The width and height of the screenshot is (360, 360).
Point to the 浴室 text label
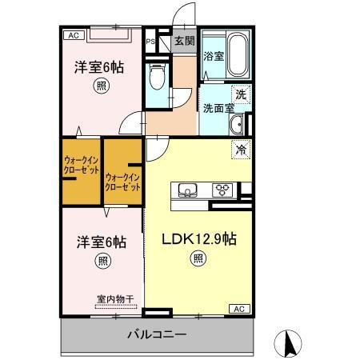point(213,57)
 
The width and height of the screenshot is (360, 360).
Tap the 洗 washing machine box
point(239,92)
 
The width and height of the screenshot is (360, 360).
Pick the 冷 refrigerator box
point(239,149)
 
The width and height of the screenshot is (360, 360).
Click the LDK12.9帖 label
point(198,238)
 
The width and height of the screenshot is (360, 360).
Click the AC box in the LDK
point(238,307)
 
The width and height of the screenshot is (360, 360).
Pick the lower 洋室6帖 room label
point(102,241)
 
